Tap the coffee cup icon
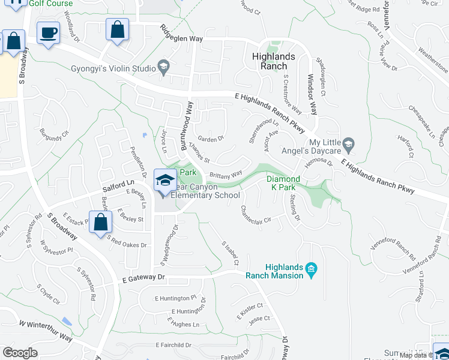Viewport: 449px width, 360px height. click(x=48, y=32)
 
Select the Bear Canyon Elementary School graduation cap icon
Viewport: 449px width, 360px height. click(x=164, y=179)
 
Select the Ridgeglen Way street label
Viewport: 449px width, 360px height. click(x=182, y=34)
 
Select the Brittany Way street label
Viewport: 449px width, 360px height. click(x=226, y=175)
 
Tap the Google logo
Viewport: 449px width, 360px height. click(x=20, y=352)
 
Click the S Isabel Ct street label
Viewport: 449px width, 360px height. click(x=231, y=254)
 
